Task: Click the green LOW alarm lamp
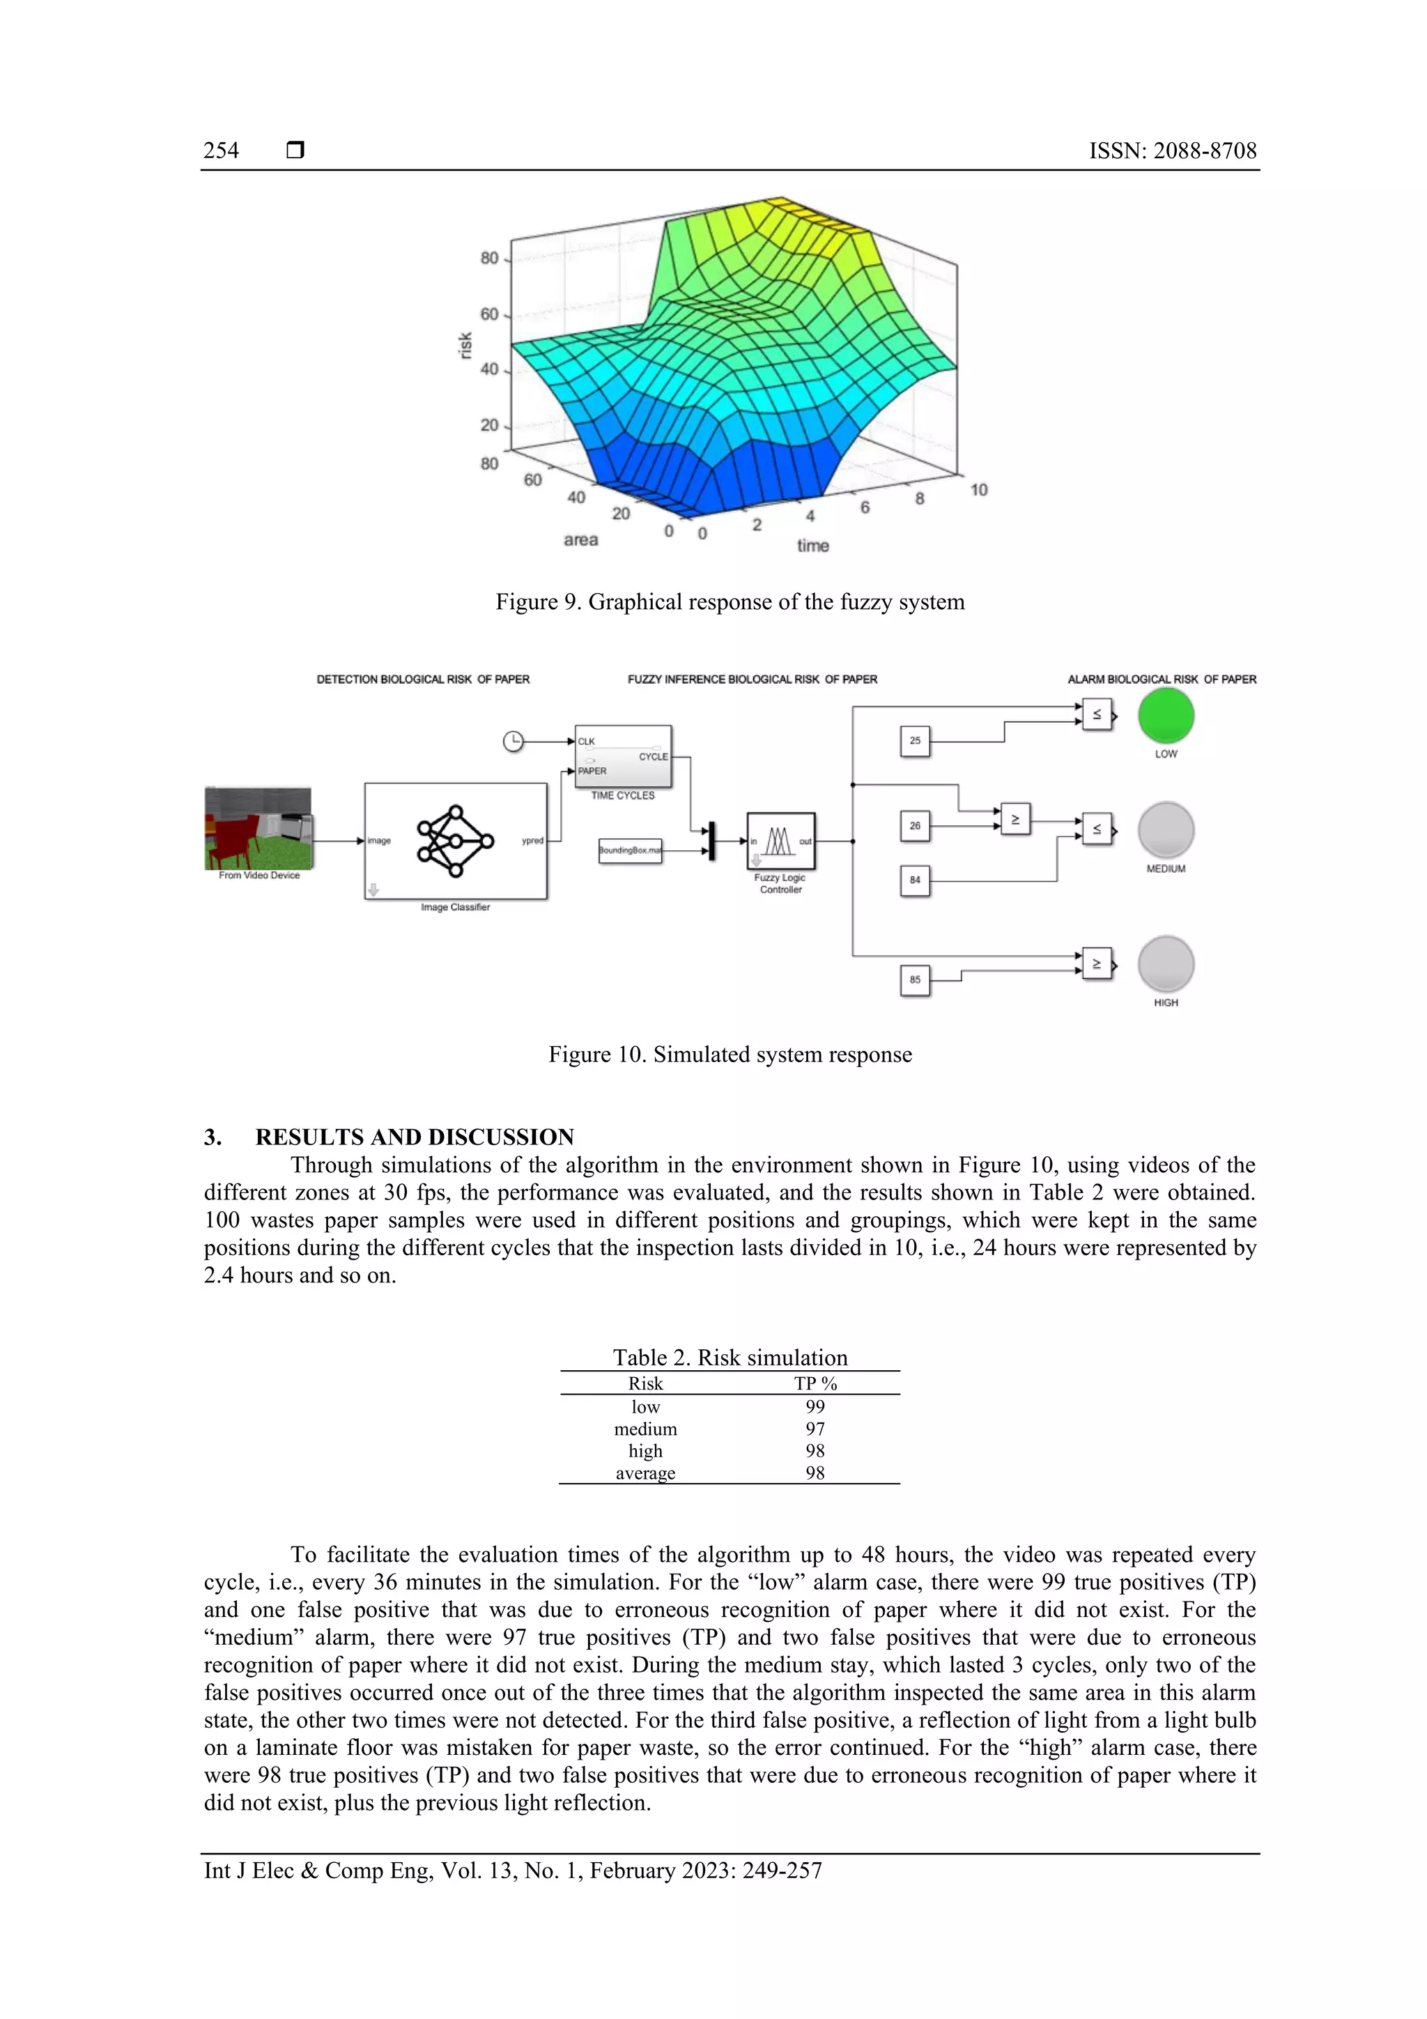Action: pos(1165,716)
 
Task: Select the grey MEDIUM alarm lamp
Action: pos(1165,830)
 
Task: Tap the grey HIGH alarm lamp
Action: pos(1165,964)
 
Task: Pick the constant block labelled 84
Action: pos(914,880)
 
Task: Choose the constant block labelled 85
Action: pos(914,980)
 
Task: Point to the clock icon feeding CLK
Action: pos(513,742)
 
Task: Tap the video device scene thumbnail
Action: pos(259,829)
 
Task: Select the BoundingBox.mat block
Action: pos(629,850)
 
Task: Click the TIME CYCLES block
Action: pos(622,756)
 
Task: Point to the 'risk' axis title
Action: pos(465,345)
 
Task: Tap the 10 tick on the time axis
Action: pos(978,490)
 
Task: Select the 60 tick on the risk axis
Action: pos(489,314)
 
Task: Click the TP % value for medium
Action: pos(815,1429)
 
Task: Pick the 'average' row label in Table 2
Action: pos(645,1473)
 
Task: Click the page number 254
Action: pos(221,151)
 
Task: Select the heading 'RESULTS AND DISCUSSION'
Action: pos(414,1137)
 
